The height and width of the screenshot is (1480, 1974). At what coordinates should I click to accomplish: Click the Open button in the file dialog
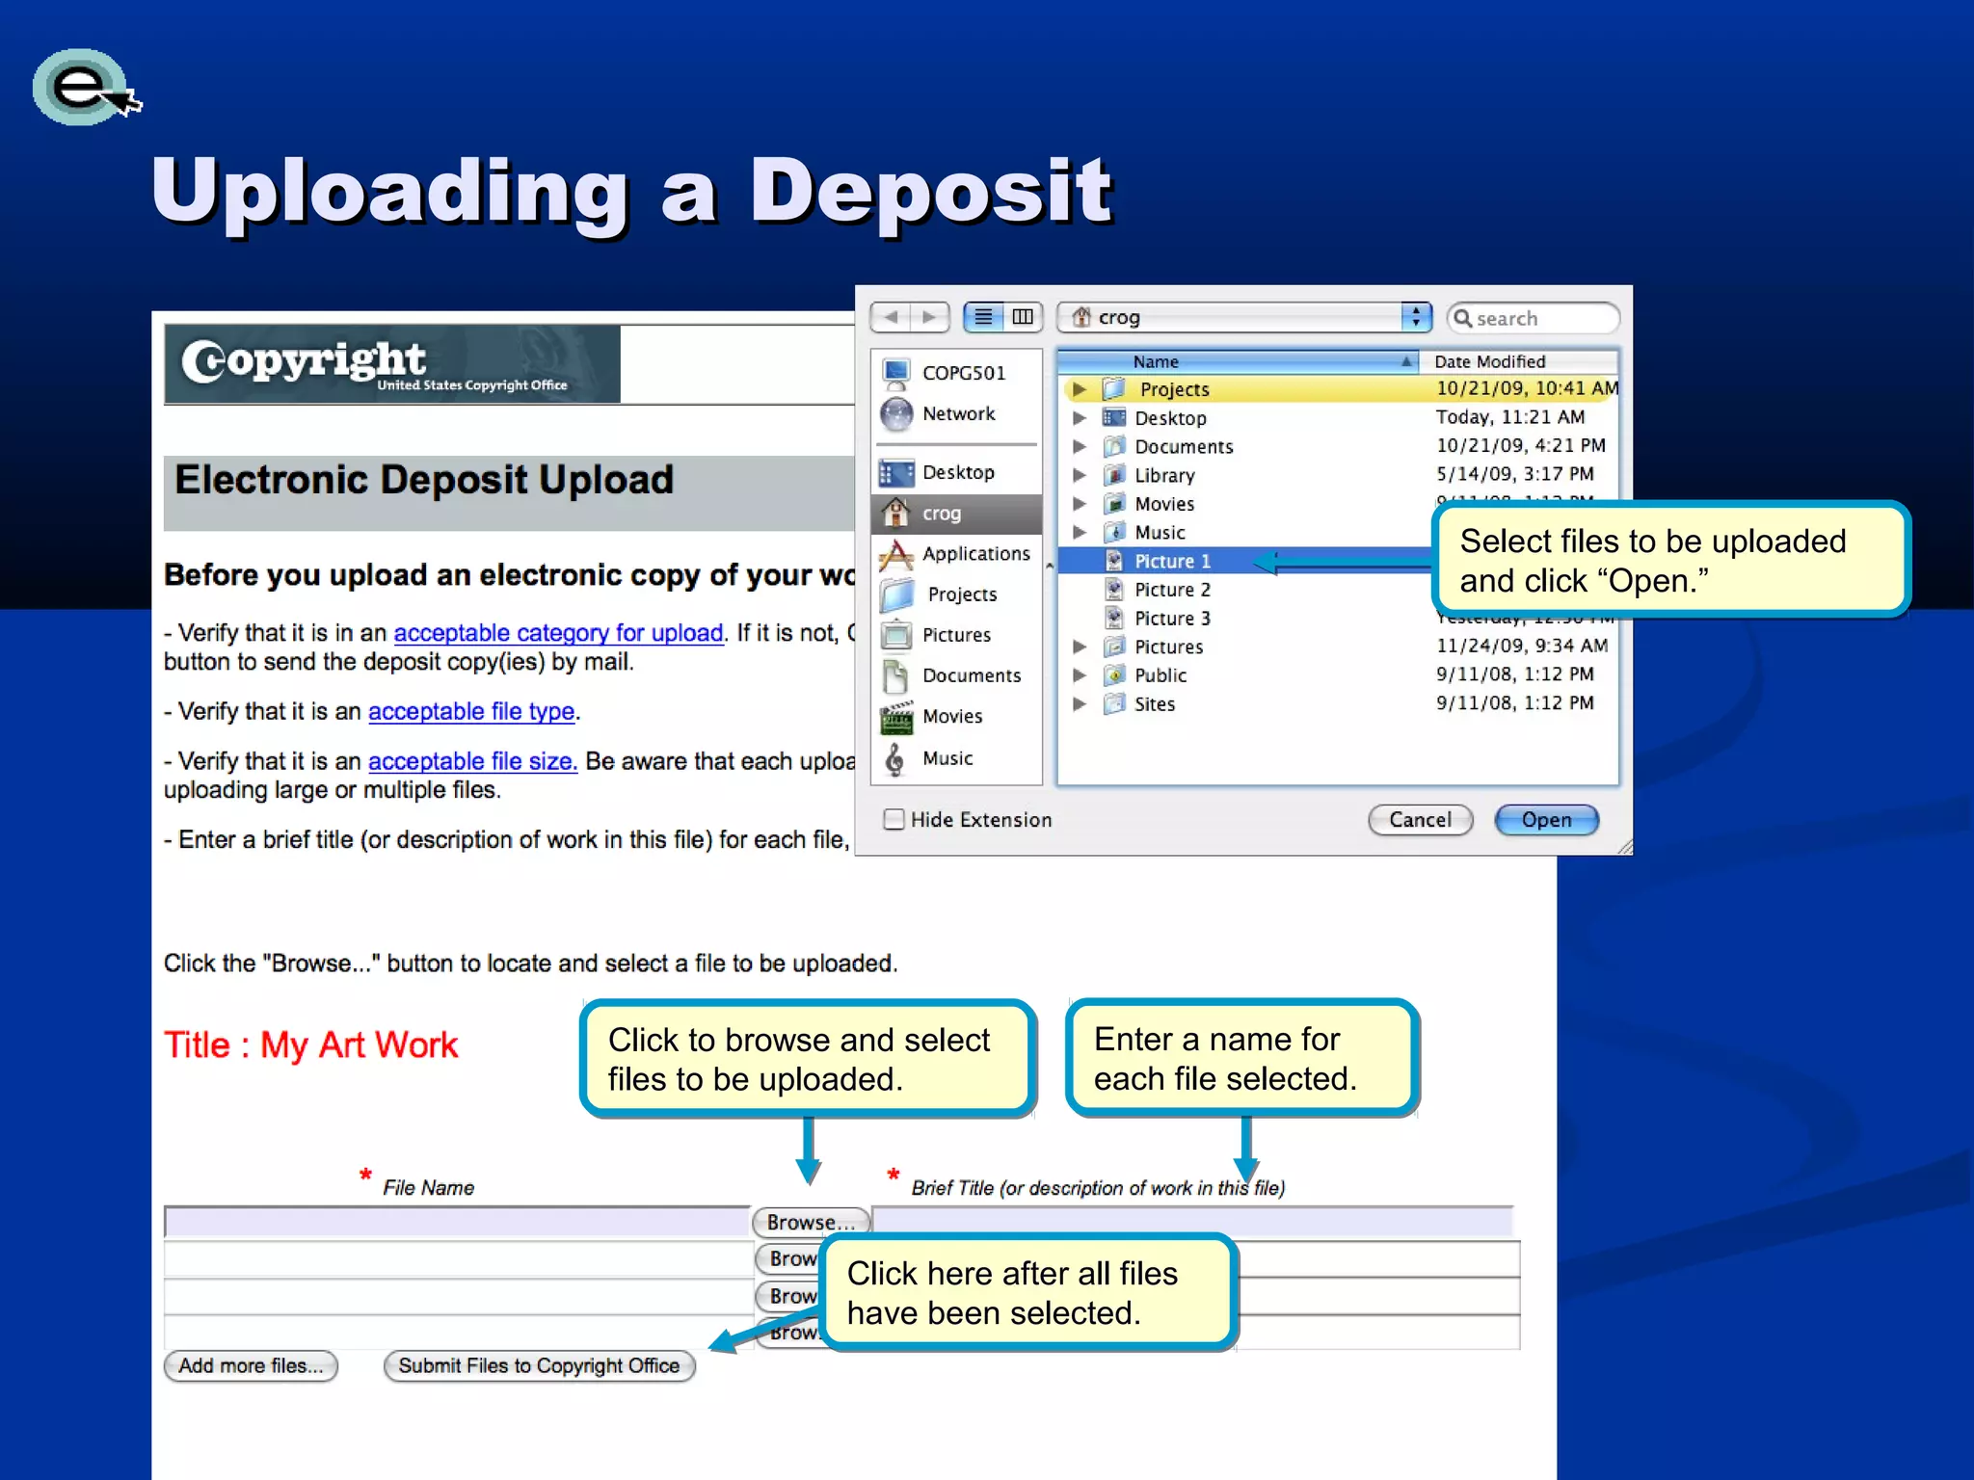point(1546,820)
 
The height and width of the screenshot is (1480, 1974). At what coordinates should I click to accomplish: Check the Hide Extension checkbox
point(894,820)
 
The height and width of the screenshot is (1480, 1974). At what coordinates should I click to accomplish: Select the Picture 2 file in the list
point(1171,590)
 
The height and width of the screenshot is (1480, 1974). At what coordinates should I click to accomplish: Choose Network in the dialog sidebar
point(957,414)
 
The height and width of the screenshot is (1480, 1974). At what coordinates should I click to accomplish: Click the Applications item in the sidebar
point(974,554)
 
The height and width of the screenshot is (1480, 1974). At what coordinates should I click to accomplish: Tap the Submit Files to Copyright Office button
point(539,1366)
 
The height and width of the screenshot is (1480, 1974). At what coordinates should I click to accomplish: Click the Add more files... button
point(251,1366)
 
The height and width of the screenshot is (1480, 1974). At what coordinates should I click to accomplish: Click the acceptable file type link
point(471,712)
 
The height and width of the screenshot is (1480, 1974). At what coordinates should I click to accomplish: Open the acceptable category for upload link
point(558,633)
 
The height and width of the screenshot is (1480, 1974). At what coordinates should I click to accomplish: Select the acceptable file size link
point(472,762)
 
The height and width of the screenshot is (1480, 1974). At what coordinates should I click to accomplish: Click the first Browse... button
point(810,1223)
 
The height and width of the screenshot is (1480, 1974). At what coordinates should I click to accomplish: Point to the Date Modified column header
point(1489,362)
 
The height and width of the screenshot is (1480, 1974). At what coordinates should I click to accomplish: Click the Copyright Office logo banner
point(392,364)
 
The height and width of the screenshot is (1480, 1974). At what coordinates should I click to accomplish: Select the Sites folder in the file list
point(1154,704)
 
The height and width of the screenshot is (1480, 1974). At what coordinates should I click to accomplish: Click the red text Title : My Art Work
point(310,1045)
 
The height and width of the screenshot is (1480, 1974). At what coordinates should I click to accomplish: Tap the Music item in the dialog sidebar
point(947,759)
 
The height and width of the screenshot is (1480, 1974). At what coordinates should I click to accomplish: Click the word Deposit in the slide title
point(930,192)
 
